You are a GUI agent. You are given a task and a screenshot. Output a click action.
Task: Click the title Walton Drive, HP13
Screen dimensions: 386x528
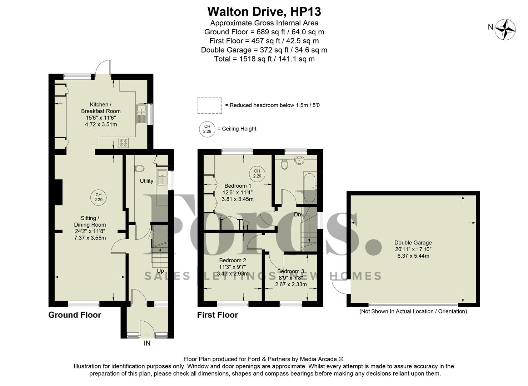coord(264,11)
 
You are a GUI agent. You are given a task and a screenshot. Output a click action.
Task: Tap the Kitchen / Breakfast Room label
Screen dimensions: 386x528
coord(100,108)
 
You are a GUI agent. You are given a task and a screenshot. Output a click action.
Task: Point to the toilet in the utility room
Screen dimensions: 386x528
coord(139,168)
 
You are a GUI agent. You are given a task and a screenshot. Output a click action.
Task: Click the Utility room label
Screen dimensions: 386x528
coord(146,181)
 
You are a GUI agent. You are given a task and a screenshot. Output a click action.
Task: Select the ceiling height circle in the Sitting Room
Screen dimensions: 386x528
coord(98,197)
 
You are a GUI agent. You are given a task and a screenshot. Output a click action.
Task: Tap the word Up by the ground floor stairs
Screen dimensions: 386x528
coord(160,271)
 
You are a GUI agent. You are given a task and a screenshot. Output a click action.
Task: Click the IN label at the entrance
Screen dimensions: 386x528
coord(147,343)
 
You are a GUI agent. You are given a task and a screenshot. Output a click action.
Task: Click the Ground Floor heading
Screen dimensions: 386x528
coord(75,315)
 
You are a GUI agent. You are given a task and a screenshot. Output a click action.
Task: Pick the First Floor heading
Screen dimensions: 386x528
coord(217,315)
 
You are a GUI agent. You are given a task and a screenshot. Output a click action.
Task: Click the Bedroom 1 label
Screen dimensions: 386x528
coord(238,186)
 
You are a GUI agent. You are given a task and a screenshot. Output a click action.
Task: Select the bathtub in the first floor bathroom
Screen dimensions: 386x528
coord(309,187)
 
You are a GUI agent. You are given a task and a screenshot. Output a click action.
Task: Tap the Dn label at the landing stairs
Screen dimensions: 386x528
coord(297,215)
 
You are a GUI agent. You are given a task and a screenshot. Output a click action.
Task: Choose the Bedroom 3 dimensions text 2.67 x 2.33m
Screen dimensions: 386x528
coord(291,284)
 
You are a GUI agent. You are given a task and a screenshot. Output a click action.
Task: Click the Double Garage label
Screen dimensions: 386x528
coord(413,243)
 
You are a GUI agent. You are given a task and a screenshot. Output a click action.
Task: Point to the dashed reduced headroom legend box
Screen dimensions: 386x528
coord(209,105)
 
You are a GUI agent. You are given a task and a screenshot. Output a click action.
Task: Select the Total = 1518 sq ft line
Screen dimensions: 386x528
coord(264,59)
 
